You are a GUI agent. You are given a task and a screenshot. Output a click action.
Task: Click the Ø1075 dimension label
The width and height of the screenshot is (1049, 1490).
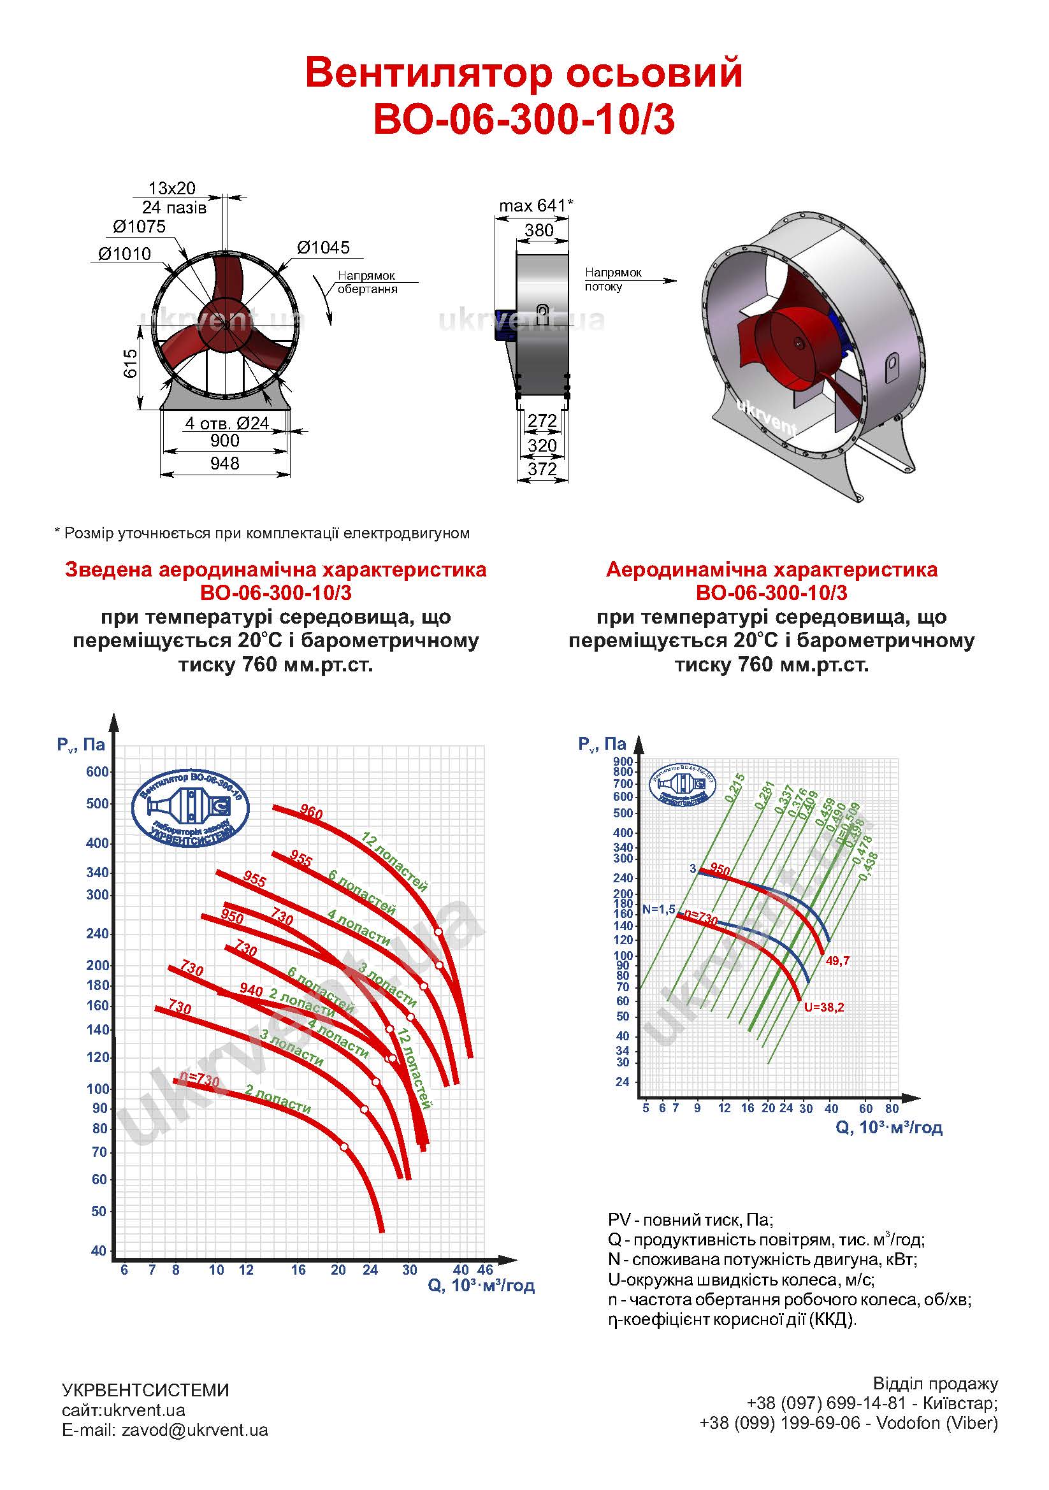[139, 227]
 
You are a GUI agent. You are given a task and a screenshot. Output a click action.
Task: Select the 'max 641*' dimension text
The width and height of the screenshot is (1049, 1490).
[535, 206]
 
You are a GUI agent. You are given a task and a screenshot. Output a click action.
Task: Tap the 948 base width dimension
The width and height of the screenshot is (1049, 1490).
[224, 463]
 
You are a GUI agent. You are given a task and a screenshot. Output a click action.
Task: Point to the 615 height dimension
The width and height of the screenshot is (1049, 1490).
[131, 364]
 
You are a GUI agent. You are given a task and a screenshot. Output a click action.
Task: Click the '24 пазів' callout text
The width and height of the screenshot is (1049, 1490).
[174, 208]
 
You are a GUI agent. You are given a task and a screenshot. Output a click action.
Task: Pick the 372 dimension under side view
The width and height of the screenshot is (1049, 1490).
[542, 469]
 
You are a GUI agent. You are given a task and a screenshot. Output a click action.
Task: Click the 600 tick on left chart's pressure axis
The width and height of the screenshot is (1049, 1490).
[98, 771]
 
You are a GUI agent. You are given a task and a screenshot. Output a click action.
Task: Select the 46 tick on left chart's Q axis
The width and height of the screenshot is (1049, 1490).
[486, 1270]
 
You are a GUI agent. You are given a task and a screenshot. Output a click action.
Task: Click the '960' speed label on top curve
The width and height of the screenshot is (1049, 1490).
[312, 812]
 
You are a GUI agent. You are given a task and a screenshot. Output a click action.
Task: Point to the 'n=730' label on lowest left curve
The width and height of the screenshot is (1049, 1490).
[199, 1078]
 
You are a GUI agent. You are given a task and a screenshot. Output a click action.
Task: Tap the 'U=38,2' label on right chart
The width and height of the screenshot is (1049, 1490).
[824, 1007]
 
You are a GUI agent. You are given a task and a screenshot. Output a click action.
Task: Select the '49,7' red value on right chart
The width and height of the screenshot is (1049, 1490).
[837, 961]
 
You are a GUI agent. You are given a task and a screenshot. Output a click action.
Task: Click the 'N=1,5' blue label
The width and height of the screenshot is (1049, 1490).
[659, 910]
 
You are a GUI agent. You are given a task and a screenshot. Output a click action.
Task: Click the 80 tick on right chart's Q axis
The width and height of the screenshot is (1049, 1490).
[892, 1108]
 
